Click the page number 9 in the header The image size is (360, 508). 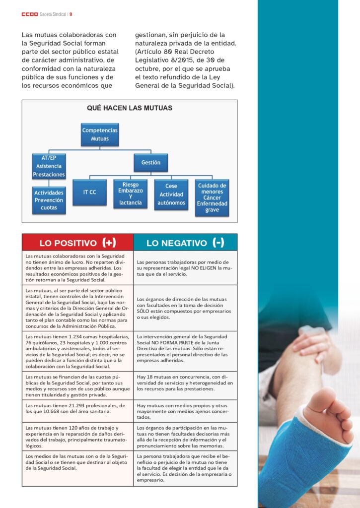[71, 14]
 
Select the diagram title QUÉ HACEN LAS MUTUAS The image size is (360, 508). [130, 108]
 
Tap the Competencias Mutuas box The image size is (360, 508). [100, 134]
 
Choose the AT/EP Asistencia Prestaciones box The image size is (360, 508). [49, 166]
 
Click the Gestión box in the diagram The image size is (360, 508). [150, 162]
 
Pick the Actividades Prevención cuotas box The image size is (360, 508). [49, 200]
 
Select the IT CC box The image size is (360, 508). [90, 192]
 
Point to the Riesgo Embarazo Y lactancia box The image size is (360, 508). [130, 193]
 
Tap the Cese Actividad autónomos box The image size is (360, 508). [171, 194]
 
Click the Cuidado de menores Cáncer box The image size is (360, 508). [212, 197]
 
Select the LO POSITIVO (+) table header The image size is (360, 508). [77, 243]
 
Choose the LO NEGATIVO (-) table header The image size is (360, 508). [185, 243]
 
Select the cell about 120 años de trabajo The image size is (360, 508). [77, 436]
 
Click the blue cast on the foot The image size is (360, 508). [293, 451]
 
